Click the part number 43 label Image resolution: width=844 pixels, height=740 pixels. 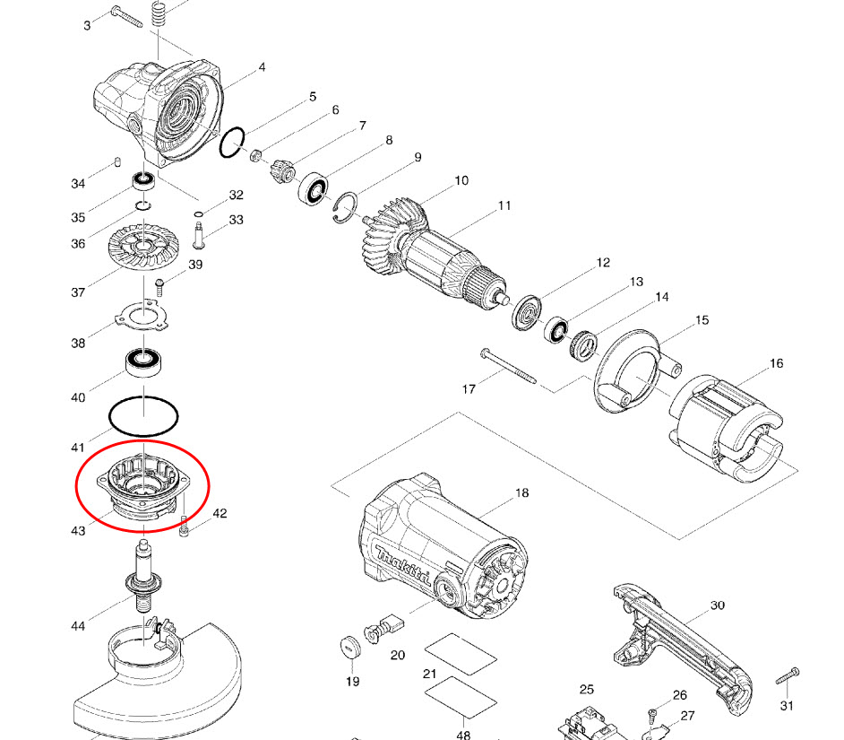[78, 530]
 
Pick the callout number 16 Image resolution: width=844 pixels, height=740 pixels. [776, 363]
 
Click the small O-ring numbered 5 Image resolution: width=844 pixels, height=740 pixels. [233, 142]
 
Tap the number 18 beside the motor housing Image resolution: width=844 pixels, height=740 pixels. [522, 493]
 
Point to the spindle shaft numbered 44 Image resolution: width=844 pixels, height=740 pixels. [144, 579]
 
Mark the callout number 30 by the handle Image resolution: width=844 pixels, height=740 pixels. [717, 605]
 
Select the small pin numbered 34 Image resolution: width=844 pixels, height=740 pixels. [117, 161]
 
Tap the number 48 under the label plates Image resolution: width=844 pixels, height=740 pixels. [463, 735]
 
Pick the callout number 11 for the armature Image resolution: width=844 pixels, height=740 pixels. [504, 205]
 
